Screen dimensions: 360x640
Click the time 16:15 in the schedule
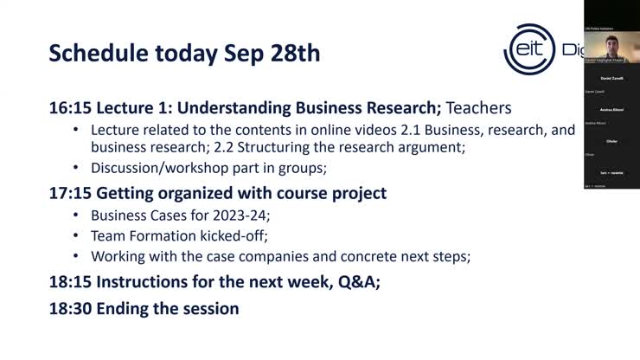click(x=70, y=108)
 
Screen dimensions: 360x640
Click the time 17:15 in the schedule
click(x=70, y=192)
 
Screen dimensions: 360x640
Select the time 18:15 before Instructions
click(x=70, y=281)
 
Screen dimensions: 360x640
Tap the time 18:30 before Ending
click(x=70, y=308)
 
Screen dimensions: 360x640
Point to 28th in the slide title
click(x=291, y=54)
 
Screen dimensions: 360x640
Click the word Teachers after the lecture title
click(x=479, y=108)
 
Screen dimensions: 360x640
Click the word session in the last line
click(x=208, y=308)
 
